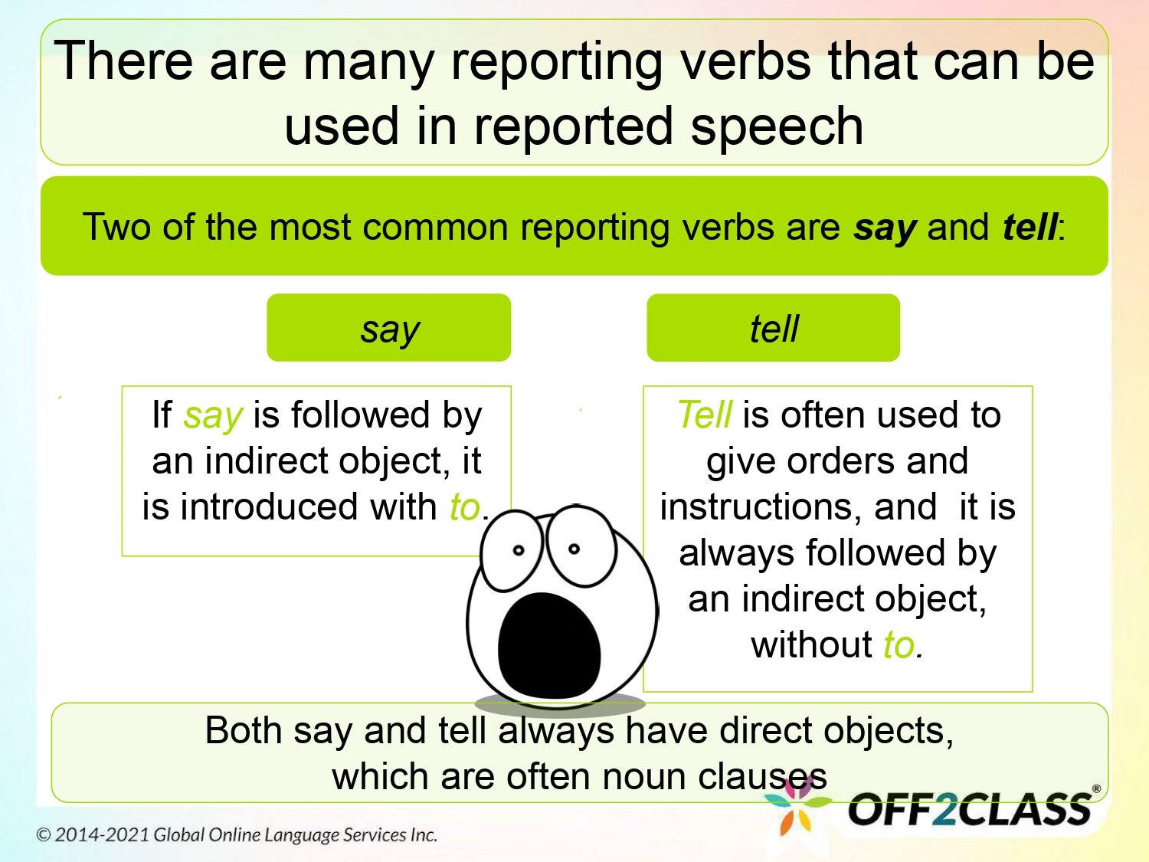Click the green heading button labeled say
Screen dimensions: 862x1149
(389, 328)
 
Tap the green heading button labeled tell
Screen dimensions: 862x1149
(773, 328)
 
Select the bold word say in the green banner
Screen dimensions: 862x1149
(885, 228)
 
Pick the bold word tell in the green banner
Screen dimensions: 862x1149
(1030, 228)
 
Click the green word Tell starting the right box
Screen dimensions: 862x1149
(705, 415)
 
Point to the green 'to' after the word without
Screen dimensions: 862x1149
(899, 645)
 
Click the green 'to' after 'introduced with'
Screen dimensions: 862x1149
(464, 507)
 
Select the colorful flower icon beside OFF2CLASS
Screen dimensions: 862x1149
(797, 808)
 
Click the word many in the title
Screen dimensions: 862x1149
(368, 61)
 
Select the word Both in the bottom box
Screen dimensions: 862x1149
(243, 730)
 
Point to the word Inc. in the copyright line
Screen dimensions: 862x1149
(423, 835)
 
